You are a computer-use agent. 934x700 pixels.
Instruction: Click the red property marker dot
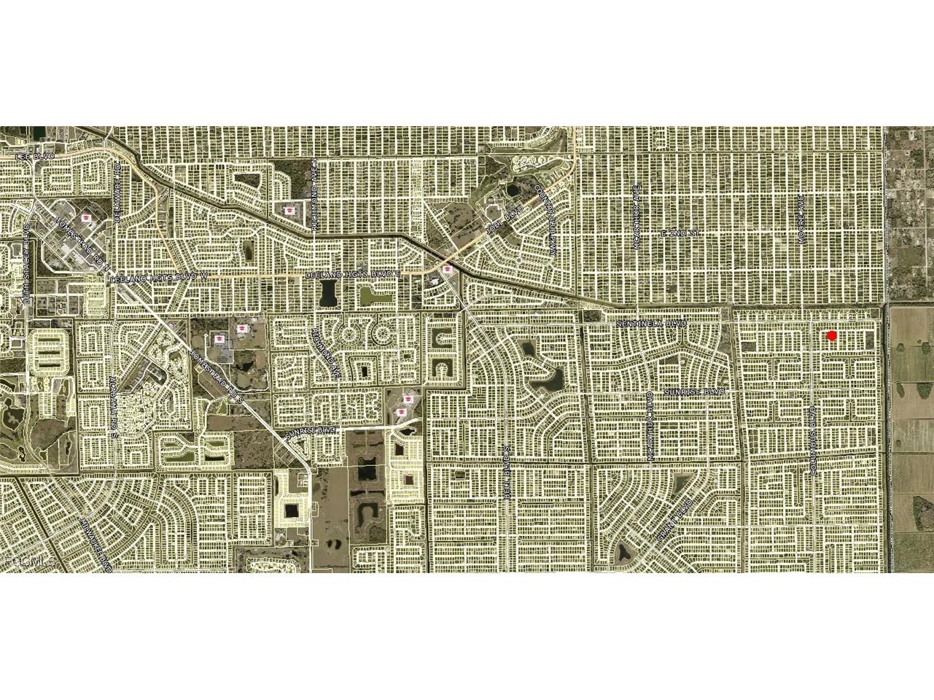pos(831,335)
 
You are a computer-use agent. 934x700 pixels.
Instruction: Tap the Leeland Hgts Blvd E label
pos(354,274)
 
